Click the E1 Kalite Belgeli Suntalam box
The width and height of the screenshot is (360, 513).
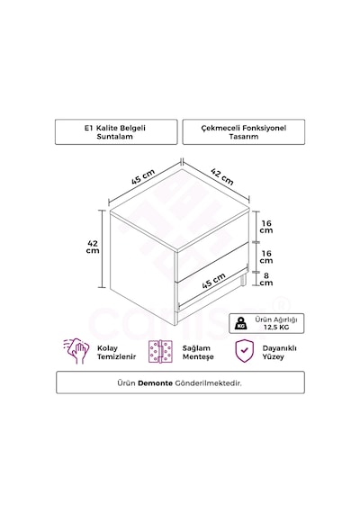116,131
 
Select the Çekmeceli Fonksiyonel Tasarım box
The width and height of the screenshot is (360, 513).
244,131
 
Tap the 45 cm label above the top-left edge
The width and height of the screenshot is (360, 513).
143,176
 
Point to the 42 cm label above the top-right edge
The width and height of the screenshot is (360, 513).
222,176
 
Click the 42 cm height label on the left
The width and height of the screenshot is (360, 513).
93,247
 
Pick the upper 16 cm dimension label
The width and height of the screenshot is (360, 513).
266,227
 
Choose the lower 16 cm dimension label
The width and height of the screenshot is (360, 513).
266,256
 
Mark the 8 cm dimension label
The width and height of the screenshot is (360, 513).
266,279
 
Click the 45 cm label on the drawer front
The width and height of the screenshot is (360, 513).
213,281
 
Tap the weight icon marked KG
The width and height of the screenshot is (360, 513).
241,323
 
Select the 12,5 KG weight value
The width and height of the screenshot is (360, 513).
276,328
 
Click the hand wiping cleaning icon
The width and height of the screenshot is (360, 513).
76,351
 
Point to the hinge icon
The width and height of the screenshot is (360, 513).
160,351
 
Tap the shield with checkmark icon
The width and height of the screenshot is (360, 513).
245,351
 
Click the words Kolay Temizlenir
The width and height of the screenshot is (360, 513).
116,353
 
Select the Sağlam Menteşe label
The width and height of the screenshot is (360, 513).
198,353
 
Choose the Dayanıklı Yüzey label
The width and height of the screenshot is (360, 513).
280,353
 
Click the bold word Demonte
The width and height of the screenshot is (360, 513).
155,382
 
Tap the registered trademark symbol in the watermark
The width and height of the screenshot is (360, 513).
283,304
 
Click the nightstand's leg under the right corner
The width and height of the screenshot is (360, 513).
243,280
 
